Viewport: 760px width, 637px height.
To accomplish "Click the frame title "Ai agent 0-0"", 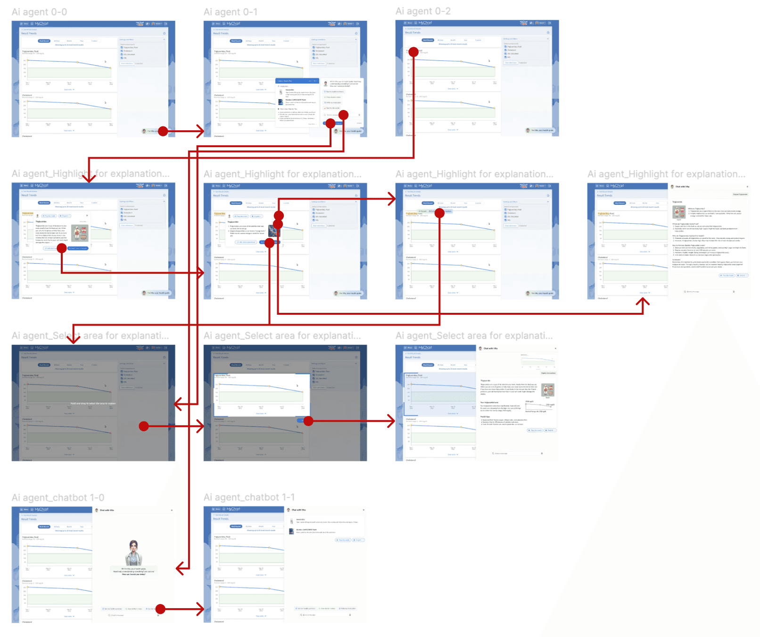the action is tap(39, 12).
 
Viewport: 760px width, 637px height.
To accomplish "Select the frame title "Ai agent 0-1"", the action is tap(231, 12).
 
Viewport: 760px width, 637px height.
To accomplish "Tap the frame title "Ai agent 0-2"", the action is tap(423, 11).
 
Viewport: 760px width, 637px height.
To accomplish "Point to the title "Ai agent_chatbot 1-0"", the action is tap(58, 498).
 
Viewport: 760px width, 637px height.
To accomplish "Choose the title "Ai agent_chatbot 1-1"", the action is tap(249, 497).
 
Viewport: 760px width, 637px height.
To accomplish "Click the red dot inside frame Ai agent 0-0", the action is tap(163, 131).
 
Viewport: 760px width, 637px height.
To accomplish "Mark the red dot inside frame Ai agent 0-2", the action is tap(413, 52).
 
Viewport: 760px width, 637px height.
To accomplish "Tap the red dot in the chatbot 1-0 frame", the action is tap(160, 609).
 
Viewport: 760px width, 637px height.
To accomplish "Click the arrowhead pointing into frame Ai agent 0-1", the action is tap(200, 131).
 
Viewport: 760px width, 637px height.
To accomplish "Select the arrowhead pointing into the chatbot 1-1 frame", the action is tap(200, 609).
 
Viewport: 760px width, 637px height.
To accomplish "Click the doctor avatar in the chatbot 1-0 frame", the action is tap(133, 553).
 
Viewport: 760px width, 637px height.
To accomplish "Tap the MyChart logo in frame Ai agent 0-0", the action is tap(41, 24).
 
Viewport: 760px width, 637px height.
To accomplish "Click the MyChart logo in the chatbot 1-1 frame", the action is tap(233, 509).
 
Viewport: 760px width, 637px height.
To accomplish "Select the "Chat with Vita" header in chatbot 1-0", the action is tap(107, 510).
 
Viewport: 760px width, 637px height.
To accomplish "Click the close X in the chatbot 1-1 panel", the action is tap(363, 510).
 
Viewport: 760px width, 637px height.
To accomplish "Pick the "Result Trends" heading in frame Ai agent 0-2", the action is tap(413, 33).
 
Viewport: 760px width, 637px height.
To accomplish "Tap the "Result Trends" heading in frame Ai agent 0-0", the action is tap(29, 34).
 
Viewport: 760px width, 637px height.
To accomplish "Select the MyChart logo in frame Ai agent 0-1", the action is tap(233, 24).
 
